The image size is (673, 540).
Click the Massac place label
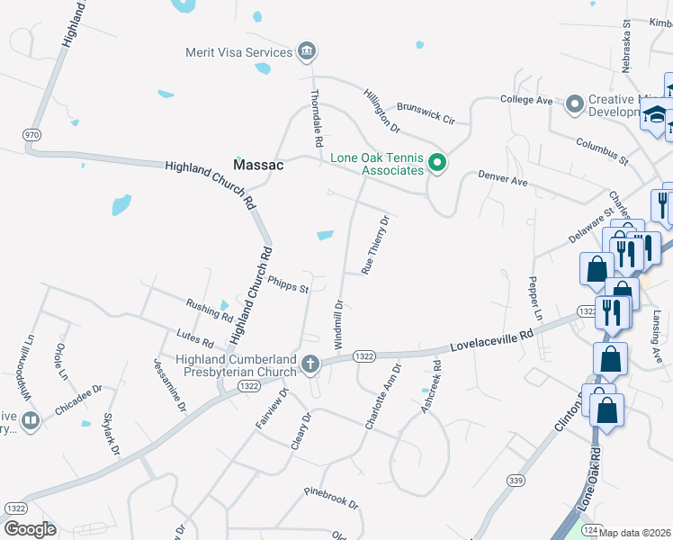pyautogui.click(x=258, y=166)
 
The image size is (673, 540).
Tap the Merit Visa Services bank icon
pyautogui.click(x=308, y=51)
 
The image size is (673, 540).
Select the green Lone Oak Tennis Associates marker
pyautogui.click(x=437, y=163)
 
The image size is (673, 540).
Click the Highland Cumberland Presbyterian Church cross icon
pyautogui.click(x=310, y=364)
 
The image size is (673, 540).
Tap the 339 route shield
pyautogui.click(x=516, y=480)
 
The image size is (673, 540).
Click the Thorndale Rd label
pyautogui.click(x=316, y=118)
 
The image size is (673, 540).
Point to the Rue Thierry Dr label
pyautogui.click(x=374, y=244)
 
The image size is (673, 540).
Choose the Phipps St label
pyautogui.click(x=288, y=284)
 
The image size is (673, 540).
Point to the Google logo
pyautogui.click(x=30, y=528)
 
